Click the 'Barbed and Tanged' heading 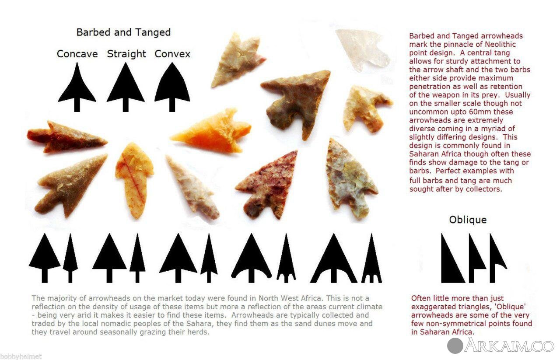(123, 32)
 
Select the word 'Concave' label (77, 54)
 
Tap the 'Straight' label (126, 54)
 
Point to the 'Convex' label (172, 54)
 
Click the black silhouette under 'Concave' (77, 90)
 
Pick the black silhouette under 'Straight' (126, 90)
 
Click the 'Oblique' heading (468, 220)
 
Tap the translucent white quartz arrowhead (363, 50)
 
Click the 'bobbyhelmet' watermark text (21, 356)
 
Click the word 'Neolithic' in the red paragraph (500, 45)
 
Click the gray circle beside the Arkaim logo (455, 346)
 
